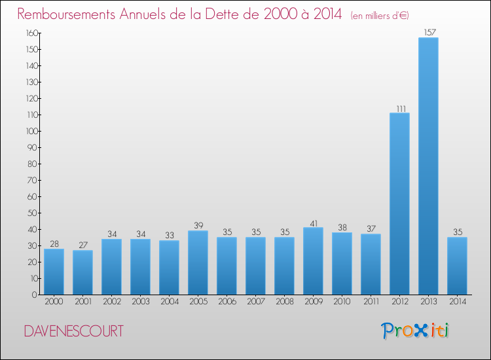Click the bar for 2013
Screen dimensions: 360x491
[428, 166]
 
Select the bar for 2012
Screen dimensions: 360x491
[399, 204]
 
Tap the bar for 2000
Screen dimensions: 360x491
[54, 272]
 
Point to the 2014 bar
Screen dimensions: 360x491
[457, 266]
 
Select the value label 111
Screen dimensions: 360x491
[399, 108]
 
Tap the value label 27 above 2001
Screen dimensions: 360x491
[82, 245]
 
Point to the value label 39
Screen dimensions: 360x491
[198, 226]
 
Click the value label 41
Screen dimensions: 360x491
[313, 223]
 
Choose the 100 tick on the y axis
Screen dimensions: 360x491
[30, 131]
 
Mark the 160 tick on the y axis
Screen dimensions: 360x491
[30, 33]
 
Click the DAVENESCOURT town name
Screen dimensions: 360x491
[73, 331]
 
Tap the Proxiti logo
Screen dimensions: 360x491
[415, 331]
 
